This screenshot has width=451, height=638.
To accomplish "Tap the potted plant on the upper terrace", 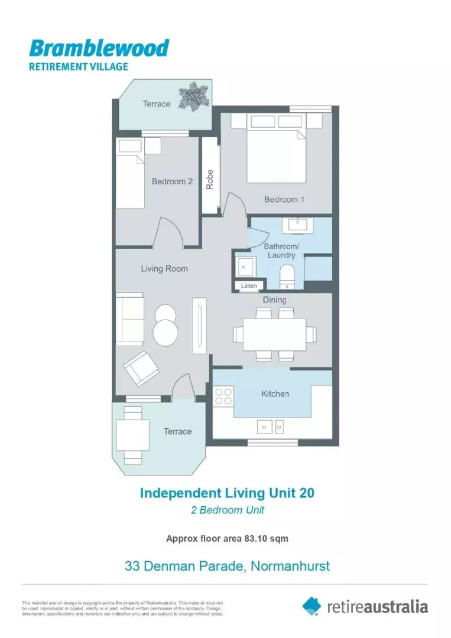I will (x=194, y=95).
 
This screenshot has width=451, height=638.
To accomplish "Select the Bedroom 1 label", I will (x=284, y=200).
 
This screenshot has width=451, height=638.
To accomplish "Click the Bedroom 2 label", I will (x=172, y=181).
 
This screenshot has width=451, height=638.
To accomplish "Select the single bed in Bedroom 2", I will (x=129, y=174).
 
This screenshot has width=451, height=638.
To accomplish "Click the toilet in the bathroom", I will (x=287, y=275).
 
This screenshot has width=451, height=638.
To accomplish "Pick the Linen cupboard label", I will (x=249, y=286).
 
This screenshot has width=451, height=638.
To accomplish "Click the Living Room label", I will (x=164, y=269).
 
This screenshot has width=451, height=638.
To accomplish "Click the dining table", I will (x=274, y=334).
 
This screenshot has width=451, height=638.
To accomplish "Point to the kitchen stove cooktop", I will (x=224, y=396).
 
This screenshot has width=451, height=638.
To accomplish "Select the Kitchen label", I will (x=275, y=393).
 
